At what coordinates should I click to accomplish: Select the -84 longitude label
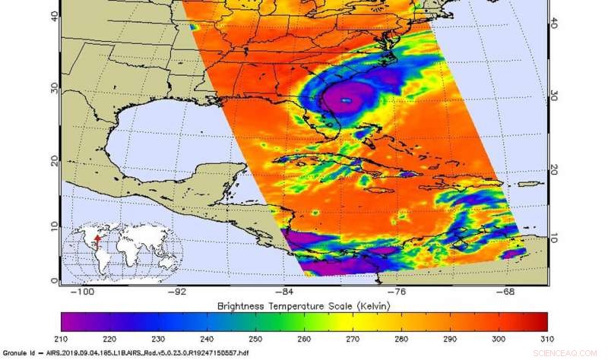[283, 291]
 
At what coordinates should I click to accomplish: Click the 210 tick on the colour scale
[63, 338]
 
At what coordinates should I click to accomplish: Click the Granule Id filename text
[129, 353]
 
